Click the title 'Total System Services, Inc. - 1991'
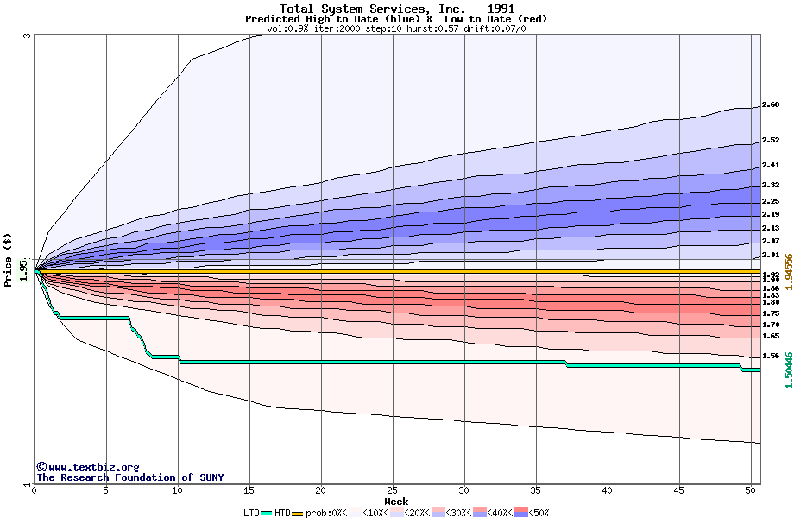click(x=396, y=9)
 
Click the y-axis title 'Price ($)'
click(x=9, y=258)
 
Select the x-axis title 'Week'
click(x=396, y=502)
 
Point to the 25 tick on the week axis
click(x=393, y=490)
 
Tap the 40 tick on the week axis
click(x=608, y=490)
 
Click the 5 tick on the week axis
click(x=105, y=490)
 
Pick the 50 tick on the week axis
click(x=751, y=490)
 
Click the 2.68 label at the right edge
click(x=771, y=105)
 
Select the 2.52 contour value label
click(x=771, y=140)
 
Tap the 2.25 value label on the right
click(x=771, y=201)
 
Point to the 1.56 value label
click(x=771, y=356)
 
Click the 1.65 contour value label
click(x=771, y=336)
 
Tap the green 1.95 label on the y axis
click(x=23, y=271)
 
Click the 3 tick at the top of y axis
click(x=27, y=35)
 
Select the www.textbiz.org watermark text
click(x=87, y=467)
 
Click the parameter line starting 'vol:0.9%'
click(x=396, y=28)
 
